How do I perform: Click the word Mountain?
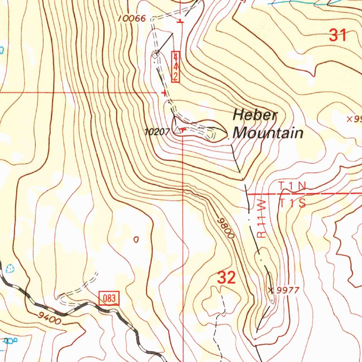[x=268, y=133]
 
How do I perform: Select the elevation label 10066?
[x=132, y=19]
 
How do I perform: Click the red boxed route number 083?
[x=110, y=298]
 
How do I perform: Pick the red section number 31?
[x=338, y=35]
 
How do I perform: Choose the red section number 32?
[x=226, y=278]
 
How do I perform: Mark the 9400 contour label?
[x=48, y=318]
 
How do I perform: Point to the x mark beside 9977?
[x=271, y=290]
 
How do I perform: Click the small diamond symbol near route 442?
[x=155, y=55]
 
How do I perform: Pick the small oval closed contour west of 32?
[x=136, y=240]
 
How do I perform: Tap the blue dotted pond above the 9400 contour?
[x=10, y=268]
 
